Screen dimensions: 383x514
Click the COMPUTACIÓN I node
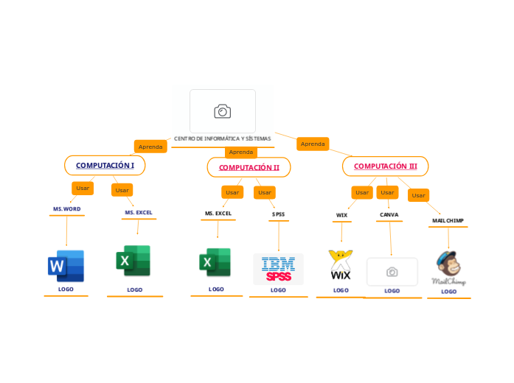point(105,166)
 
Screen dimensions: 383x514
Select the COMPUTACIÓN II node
point(249,167)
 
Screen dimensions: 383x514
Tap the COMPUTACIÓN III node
point(385,166)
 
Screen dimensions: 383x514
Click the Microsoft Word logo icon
point(66,266)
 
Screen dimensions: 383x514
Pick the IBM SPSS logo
point(278,269)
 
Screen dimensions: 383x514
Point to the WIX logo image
point(341,266)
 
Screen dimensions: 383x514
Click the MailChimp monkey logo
point(448,268)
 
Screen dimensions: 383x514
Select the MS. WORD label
point(66,209)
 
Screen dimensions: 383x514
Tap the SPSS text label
point(278,214)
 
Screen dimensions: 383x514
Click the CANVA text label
point(389,215)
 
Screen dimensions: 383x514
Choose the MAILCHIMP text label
point(448,220)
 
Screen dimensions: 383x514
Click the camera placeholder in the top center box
point(223,111)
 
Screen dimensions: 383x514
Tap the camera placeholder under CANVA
point(392,272)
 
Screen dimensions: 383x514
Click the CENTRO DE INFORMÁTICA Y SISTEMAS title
point(222,138)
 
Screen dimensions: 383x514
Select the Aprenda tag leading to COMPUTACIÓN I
point(150,147)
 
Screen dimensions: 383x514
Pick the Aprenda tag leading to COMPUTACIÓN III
point(313,144)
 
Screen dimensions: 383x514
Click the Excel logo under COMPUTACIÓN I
point(133,261)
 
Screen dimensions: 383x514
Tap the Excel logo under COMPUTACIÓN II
point(215,263)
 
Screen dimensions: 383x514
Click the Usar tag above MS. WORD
point(83,188)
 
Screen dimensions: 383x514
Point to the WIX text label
point(341,215)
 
